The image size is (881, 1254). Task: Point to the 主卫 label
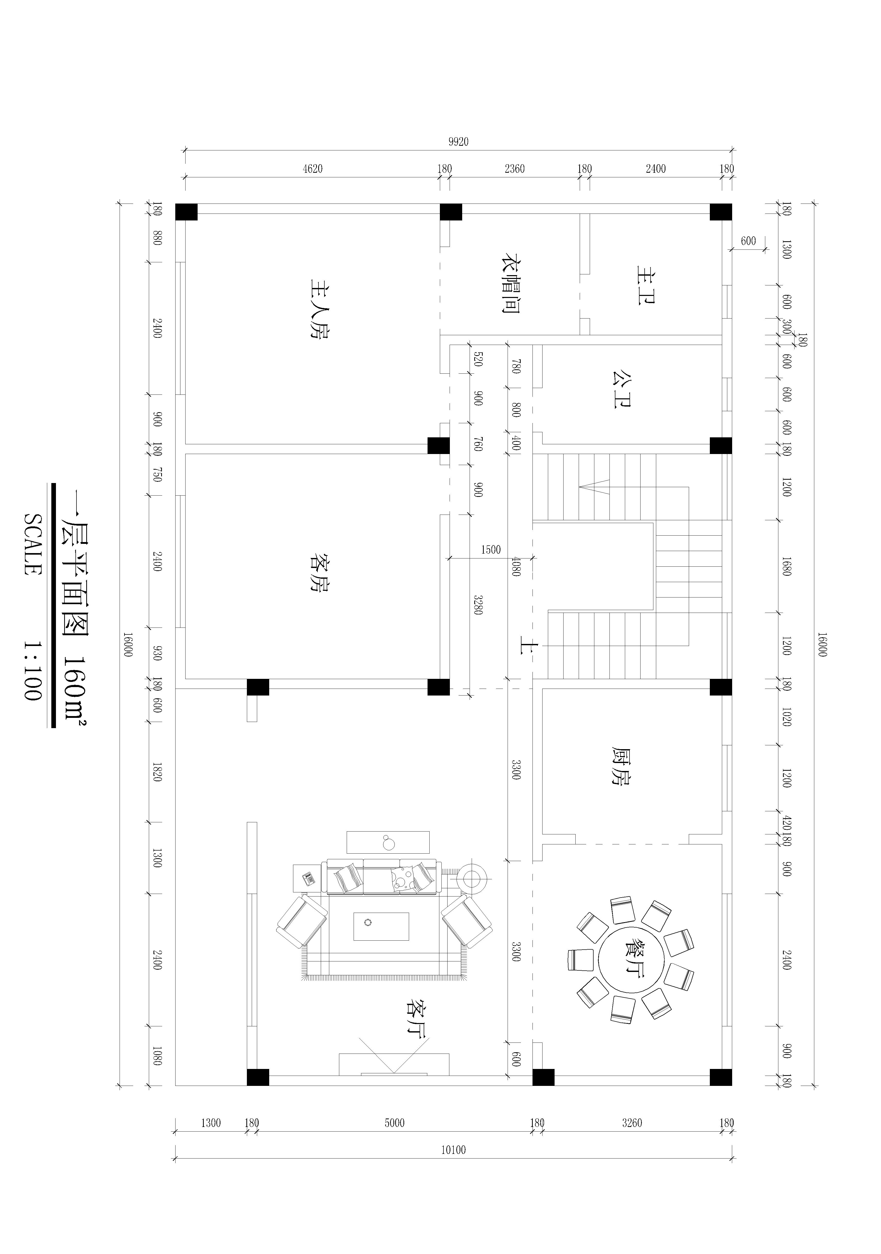point(646,285)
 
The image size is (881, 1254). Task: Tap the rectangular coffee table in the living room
point(381,926)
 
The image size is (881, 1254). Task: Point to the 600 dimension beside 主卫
point(748,241)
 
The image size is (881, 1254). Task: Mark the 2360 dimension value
point(515,169)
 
